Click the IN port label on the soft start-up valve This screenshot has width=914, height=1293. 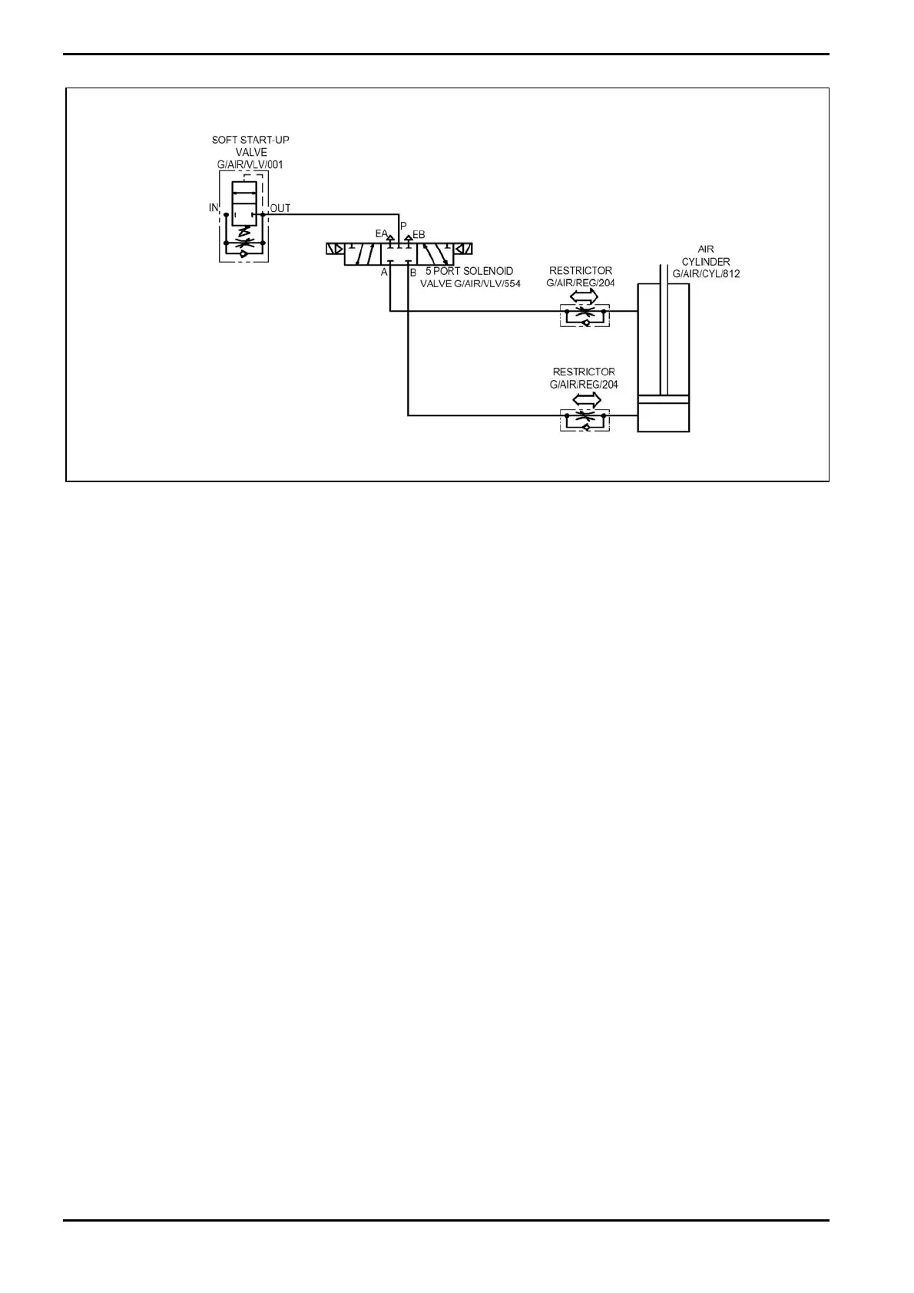point(214,208)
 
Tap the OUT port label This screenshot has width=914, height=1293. point(280,208)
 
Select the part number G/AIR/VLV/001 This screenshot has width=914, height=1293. point(250,164)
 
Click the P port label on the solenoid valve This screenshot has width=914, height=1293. point(403,226)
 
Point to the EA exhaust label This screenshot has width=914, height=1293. point(381,233)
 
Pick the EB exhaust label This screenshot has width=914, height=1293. point(419,234)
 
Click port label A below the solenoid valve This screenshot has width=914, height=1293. point(384,272)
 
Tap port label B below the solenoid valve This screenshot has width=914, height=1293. point(412,273)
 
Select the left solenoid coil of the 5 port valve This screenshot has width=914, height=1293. point(335,249)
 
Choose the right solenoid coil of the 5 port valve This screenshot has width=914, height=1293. point(463,249)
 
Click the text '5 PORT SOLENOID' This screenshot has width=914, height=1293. point(469,271)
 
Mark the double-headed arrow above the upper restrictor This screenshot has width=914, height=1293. point(584,296)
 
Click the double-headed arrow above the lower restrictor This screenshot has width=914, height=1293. point(587,399)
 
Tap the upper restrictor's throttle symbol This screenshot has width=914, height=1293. point(584,311)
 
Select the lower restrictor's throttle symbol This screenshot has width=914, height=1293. point(585,415)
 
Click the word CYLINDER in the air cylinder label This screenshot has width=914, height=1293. point(706,262)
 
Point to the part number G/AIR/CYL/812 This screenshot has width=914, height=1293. point(706,273)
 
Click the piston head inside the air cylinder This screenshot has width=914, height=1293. point(664,399)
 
